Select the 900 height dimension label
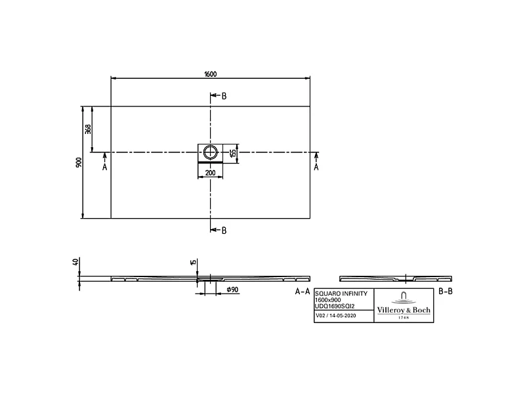click(78, 162)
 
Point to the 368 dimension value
click(88, 129)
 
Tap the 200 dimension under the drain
click(210, 172)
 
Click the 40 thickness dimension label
click(76, 262)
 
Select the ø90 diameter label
click(232, 290)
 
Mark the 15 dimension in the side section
click(192, 263)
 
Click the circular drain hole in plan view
click(210, 152)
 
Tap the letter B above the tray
click(224, 97)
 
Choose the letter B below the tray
click(224, 230)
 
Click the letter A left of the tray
click(104, 167)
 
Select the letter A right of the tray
click(317, 167)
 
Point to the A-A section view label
click(302, 291)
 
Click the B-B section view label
click(446, 291)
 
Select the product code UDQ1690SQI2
click(335, 305)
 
